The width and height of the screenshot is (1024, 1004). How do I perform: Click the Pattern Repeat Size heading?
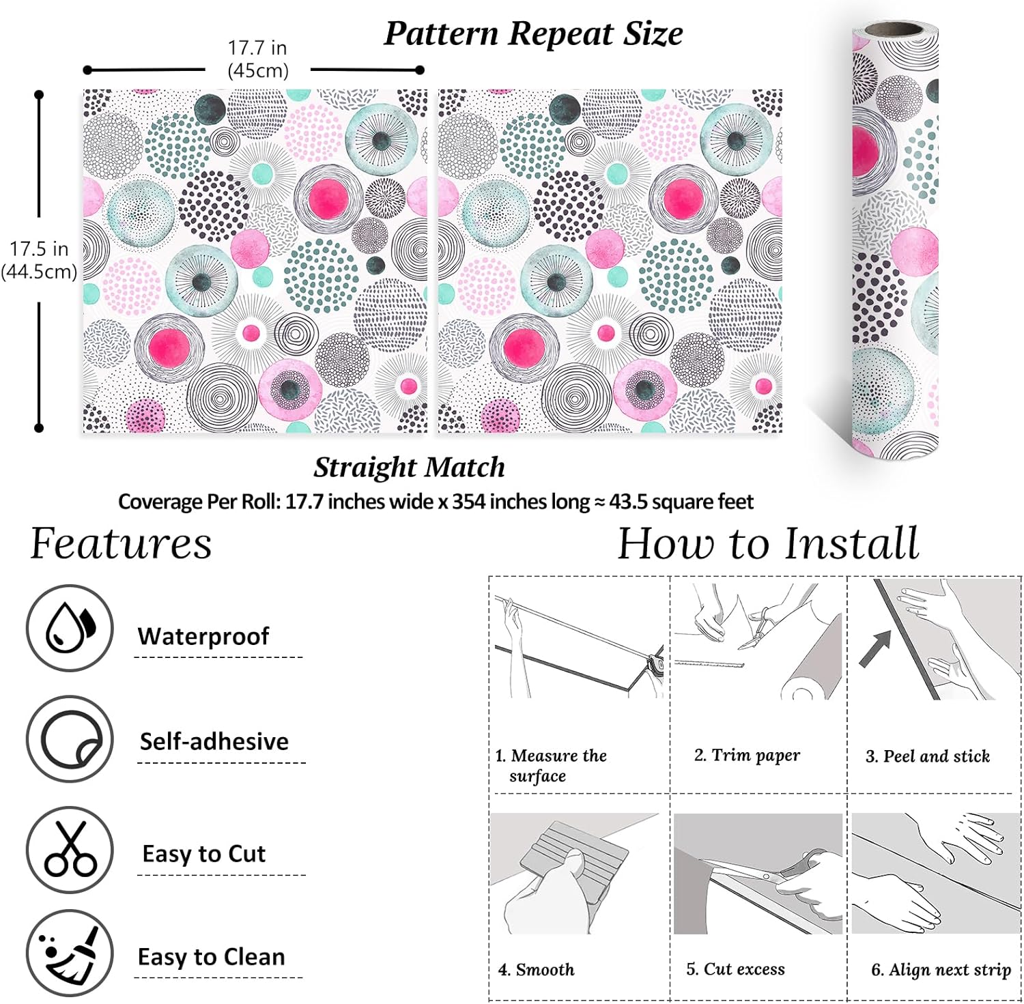pos(533,33)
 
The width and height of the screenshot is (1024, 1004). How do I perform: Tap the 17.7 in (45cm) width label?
pos(257,59)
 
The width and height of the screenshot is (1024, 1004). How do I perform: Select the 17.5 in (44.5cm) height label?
pos(39,260)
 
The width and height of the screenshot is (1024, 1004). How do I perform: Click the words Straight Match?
pos(409,468)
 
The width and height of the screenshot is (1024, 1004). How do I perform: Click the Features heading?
pos(122,544)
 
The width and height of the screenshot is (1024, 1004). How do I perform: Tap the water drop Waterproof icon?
pos(70,628)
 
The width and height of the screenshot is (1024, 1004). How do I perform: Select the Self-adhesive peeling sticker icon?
pos(70,739)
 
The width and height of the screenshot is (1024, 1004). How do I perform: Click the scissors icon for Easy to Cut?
pos(70,850)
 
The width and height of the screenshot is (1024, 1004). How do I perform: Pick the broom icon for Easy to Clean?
pos(70,953)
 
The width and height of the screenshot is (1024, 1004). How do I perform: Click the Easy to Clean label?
pos(211,957)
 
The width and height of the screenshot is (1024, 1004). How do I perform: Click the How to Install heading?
pos(768,544)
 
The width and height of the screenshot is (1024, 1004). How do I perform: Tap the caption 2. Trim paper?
pos(747,755)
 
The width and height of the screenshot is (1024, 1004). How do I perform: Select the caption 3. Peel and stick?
pos(928,756)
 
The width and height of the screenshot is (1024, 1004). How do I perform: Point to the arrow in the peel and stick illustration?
pos(875,648)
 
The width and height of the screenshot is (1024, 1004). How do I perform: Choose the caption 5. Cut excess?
pos(735,969)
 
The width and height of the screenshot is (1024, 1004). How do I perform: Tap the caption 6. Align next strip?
pos(941,970)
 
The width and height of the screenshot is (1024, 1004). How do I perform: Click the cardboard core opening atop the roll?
pos(895,30)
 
